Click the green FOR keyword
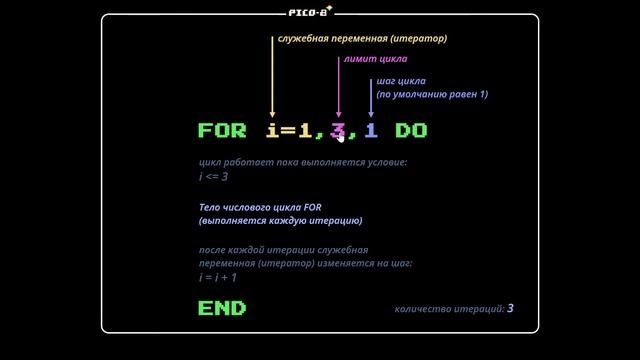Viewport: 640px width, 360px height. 222,131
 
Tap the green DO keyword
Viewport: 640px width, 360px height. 412,131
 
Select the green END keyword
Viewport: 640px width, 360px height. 222,308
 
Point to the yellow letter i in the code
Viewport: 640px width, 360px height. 272,131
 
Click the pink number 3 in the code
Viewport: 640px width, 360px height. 338,131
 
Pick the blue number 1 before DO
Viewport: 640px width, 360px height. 371,131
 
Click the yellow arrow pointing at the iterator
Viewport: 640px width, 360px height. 272,80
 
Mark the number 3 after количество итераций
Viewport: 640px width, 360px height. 510,308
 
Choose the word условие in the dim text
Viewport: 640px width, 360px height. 385,162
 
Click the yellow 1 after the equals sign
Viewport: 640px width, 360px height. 304,131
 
